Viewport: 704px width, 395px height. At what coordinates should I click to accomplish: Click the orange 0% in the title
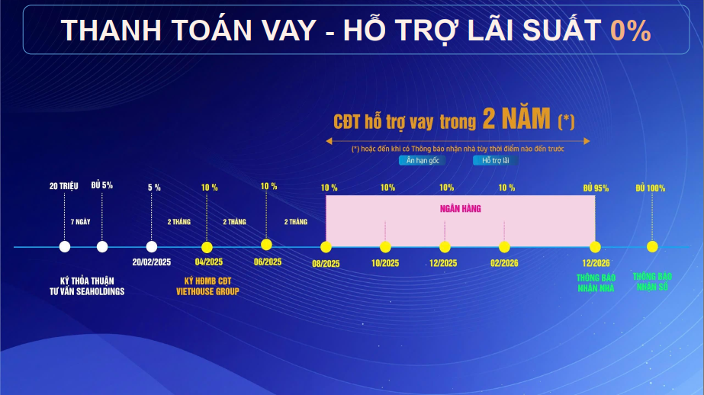(630, 31)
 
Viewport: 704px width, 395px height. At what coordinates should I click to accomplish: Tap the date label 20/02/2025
(151, 262)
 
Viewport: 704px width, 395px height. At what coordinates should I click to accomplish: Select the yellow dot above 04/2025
(207, 247)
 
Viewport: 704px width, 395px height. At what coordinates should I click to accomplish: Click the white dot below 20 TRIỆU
(65, 246)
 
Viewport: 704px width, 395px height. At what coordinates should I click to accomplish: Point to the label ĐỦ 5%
(102, 185)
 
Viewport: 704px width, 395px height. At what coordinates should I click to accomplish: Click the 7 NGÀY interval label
(80, 222)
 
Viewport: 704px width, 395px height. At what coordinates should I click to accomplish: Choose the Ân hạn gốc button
(423, 160)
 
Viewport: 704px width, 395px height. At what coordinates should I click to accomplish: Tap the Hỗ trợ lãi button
(496, 160)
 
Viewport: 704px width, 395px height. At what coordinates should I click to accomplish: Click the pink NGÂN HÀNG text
(460, 209)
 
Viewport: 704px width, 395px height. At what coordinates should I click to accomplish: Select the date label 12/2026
(596, 263)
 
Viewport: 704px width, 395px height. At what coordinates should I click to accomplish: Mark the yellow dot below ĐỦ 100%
(652, 246)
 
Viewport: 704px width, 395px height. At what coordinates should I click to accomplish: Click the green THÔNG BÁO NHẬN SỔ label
(652, 281)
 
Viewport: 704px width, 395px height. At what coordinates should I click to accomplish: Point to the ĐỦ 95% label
(596, 188)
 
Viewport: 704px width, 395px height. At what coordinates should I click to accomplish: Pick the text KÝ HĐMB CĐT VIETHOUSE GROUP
(207, 287)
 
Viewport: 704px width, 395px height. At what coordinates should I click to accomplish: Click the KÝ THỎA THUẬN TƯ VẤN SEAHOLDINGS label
(87, 287)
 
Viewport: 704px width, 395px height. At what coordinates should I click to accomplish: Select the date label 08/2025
(326, 264)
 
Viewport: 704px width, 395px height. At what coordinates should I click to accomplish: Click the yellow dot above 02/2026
(504, 247)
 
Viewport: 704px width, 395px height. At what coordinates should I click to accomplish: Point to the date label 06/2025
(268, 262)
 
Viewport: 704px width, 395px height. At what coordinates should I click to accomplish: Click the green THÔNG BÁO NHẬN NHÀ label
(596, 283)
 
